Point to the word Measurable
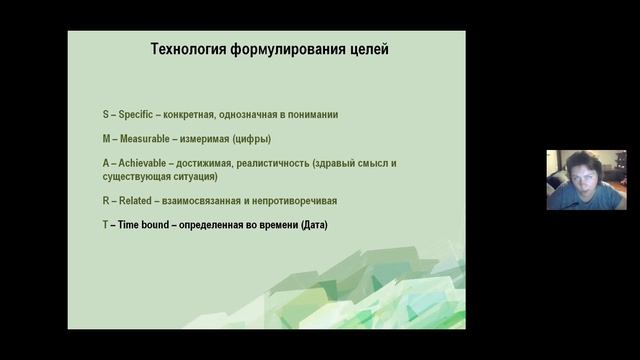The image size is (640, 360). (151, 139)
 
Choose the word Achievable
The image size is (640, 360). (148, 163)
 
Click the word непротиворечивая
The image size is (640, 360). (301, 201)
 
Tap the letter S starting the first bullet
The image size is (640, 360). (105, 115)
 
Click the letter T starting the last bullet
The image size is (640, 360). (105, 225)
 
